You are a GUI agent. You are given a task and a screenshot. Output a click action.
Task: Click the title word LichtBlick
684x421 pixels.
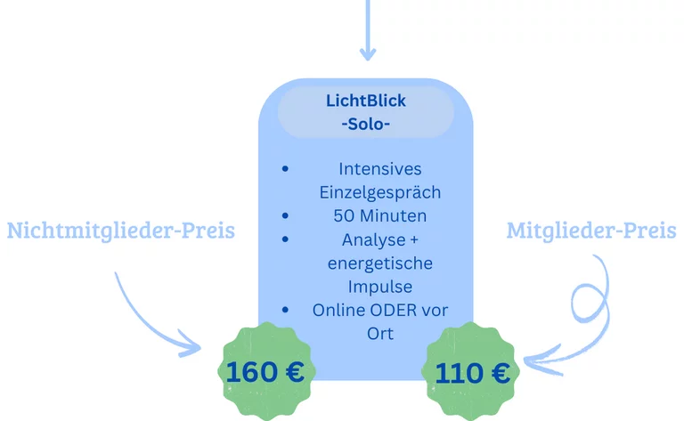366,101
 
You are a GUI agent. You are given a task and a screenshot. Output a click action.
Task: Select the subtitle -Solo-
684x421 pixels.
366,124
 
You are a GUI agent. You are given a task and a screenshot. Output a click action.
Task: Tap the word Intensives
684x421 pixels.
380,168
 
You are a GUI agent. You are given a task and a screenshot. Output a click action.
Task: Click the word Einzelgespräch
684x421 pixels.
380,192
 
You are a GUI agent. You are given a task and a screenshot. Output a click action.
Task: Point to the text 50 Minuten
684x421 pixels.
380,216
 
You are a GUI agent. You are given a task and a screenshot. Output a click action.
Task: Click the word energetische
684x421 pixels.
380,264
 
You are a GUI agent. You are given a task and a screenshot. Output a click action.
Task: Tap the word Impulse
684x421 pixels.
380,287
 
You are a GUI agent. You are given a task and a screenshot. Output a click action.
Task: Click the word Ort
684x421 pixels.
380,335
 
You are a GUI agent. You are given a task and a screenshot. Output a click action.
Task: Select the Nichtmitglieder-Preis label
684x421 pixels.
121,231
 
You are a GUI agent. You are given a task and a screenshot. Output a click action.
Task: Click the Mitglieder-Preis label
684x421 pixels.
591,231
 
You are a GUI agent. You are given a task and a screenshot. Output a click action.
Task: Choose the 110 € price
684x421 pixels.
473,373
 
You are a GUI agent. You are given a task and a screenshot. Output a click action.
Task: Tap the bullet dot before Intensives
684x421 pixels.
284,168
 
